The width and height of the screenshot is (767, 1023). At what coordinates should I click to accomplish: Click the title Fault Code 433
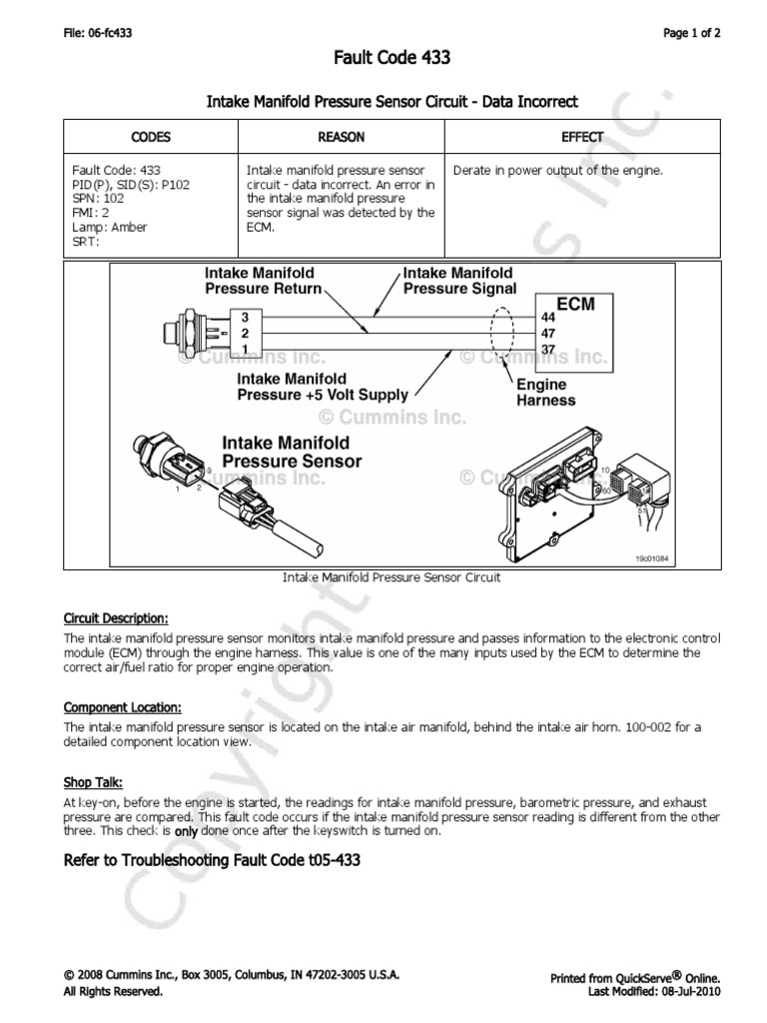pyautogui.click(x=390, y=59)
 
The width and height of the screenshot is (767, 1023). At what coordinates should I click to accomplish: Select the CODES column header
pyautogui.click(x=151, y=137)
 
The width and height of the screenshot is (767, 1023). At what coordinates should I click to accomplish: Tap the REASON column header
pyautogui.click(x=341, y=137)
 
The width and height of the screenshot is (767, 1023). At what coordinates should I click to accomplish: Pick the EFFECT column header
pyautogui.click(x=582, y=137)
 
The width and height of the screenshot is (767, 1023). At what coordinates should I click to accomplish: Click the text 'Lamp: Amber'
pyautogui.click(x=110, y=228)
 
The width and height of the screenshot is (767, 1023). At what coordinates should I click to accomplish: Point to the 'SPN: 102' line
pyautogui.click(x=97, y=199)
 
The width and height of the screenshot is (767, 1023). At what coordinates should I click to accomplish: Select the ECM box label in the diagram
pyautogui.click(x=575, y=303)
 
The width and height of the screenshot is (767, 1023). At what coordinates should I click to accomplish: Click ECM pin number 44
pyautogui.click(x=547, y=317)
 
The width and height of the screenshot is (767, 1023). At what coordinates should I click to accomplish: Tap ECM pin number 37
pyautogui.click(x=547, y=348)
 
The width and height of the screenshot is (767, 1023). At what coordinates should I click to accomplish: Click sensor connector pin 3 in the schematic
pyautogui.click(x=244, y=317)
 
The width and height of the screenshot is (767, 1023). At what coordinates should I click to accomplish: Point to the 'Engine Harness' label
pyautogui.click(x=545, y=393)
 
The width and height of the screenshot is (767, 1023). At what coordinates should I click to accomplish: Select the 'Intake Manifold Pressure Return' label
pyautogui.click(x=264, y=281)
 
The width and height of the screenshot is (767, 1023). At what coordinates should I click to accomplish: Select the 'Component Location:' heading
pyautogui.click(x=122, y=707)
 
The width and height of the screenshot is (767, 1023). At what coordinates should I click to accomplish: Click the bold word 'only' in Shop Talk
pyautogui.click(x=186, y=831)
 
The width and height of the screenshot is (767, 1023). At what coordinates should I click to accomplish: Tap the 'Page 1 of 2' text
pyautogui.click(x=692, y=33)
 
